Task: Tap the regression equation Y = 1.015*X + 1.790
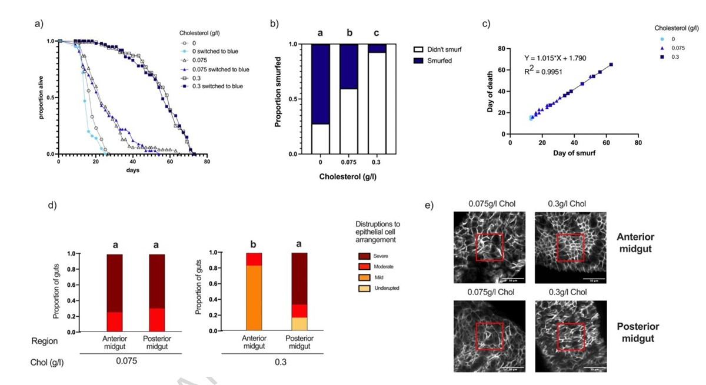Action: [555, 58]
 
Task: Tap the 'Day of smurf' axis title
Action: [574, 153]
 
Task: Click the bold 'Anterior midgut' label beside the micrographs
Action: [635, 242]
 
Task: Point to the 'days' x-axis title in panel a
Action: [132, 170]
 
